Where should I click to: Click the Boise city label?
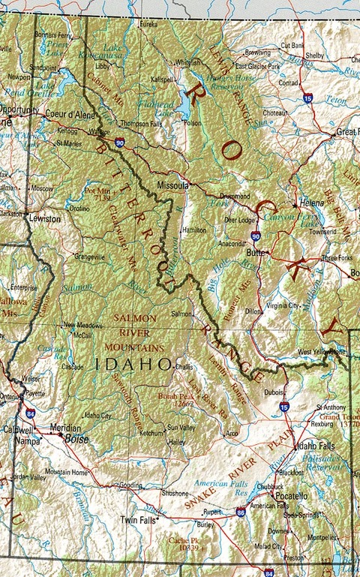76,437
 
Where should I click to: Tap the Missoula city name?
171,183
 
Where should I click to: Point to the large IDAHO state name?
134,364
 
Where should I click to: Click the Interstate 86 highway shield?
240,512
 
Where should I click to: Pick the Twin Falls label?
139,519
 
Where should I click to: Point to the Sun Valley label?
180,427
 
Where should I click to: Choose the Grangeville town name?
89,256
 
